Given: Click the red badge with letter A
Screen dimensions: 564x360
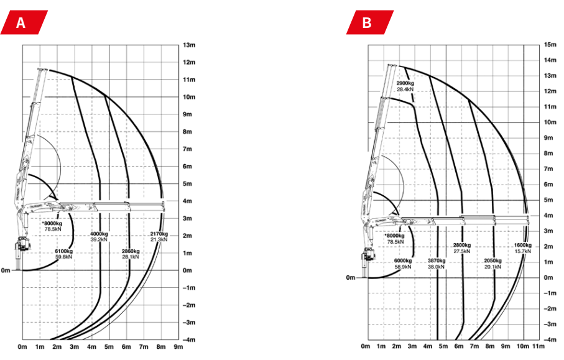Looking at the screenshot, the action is pos(24,22).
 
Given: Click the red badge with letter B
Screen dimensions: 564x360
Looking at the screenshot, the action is pos(370,22).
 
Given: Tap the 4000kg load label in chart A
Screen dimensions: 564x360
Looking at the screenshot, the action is pos(99,234).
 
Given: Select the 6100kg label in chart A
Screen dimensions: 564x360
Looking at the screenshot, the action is pos(64,251).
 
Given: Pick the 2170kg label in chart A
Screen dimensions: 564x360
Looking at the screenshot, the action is pos(159,234).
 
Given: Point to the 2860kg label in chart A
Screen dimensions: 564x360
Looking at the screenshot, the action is pos(131,251).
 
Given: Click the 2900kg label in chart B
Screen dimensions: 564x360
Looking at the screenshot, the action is pos(405,83).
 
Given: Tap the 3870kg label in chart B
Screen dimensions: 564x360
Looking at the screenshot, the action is pos(437,261).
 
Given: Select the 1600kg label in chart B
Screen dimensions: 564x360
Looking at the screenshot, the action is pos(522,245).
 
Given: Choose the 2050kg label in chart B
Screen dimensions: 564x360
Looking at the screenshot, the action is pos(492,261).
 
